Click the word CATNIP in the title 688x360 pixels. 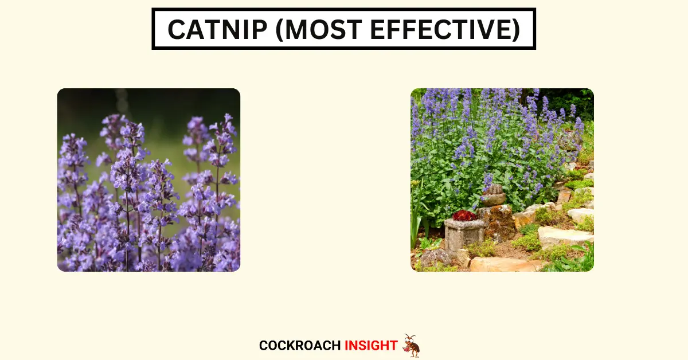pos(218,29)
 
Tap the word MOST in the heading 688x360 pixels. pos(324,29)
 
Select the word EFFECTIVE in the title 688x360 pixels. pos(441,29)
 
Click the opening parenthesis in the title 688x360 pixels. pos(279,30)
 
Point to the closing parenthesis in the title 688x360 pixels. pos(517,30)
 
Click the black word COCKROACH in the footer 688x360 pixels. pos(300,346)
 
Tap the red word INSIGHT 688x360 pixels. pos(371,346)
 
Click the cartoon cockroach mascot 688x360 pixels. pos(411,346)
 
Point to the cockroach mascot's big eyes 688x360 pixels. pos(409,339)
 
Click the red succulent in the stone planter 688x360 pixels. pos(464,216)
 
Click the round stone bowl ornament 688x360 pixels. pos(493,195)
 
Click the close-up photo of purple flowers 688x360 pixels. pos(148,180)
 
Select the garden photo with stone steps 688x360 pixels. pos(502,180)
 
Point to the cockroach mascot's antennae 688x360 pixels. pos(409,336)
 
